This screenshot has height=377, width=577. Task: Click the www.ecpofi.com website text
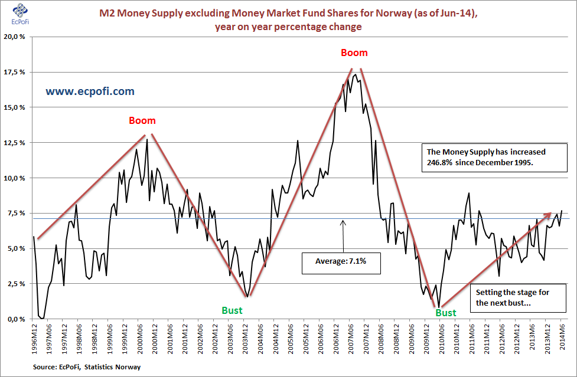[x=90, y=91]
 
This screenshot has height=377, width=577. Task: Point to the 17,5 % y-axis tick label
[x=14, y=72]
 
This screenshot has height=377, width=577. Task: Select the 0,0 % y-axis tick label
[x=15, y=319]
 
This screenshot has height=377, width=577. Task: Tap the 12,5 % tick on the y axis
[x=14, y=143]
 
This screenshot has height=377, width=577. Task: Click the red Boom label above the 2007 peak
[x=354, y=53]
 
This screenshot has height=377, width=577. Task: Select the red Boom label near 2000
[x=142, y=121]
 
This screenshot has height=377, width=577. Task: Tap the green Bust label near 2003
[x=232, y=310]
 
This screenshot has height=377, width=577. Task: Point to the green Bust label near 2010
[x=446, y=313]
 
